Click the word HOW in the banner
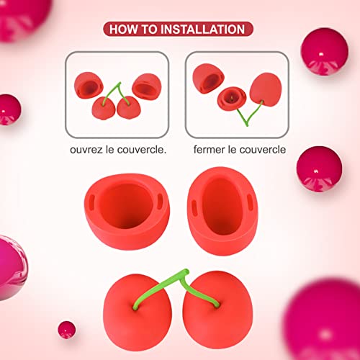coord(123,30)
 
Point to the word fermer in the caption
coord(210,151)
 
